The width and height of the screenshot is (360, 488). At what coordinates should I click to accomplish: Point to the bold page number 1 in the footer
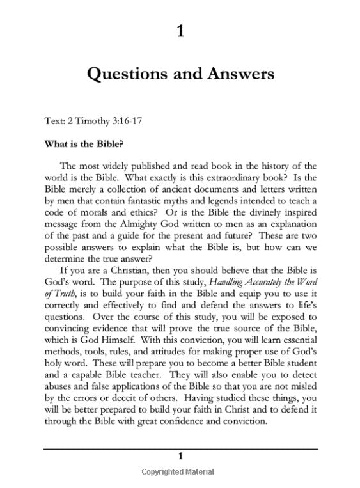(x=180, y=456)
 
